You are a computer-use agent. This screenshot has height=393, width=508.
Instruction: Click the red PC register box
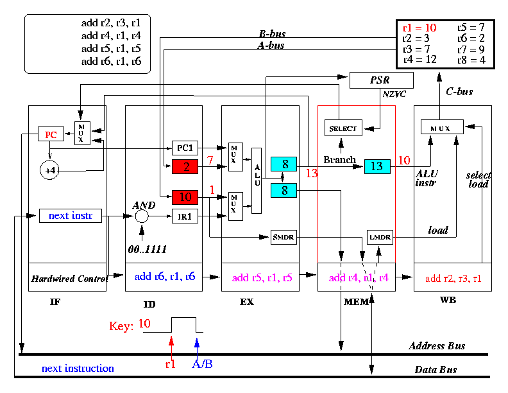(51, 134)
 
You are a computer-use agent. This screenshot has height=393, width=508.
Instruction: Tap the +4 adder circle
(49, 170)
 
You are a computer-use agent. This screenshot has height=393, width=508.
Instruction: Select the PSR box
(382, 80)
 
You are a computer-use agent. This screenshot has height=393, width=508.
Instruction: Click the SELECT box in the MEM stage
(343, 128)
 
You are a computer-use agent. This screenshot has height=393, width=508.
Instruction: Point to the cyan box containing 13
(377, 166)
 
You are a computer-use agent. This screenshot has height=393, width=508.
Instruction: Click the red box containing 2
(185, 167)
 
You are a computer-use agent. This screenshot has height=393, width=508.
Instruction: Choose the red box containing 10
(185, 197)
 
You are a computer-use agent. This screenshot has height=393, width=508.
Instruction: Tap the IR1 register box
(185, 216)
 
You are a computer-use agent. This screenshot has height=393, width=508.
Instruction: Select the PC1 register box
(185, 148)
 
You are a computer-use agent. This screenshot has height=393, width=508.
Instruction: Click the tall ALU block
(257, 180)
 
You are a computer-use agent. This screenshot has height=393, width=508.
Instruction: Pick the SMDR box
(284, 238)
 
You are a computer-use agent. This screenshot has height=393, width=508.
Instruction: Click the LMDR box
(380, 238)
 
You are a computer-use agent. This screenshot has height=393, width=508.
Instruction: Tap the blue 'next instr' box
(71, 216)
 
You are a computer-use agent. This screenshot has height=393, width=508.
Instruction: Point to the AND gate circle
(142, 216)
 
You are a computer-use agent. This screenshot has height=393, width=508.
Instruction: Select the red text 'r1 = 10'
(419, 28)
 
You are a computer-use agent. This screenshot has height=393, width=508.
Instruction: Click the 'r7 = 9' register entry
(471, 49)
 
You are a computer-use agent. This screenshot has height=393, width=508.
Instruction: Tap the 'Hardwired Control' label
(69, 279)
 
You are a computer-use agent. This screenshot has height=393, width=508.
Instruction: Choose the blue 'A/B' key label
(202, 364)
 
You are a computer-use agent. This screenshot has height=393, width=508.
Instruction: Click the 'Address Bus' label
(437, 345)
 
